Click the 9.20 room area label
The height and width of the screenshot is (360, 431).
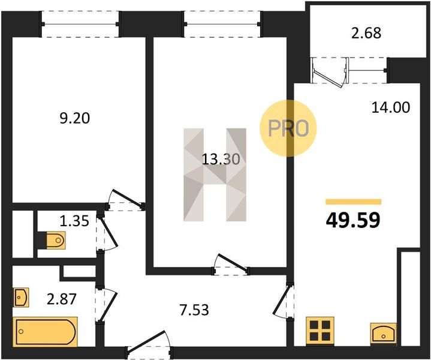tap(75, 118)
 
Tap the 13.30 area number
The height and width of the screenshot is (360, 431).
tap(221, 159)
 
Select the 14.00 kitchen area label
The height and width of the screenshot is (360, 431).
tap(391, 107)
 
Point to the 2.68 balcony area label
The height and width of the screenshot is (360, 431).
tap(366, 33)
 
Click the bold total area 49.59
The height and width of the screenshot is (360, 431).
tap(353, 220)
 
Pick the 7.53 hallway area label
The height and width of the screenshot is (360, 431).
tap(194, 310)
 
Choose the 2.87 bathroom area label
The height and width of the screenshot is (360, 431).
tap(61, 299)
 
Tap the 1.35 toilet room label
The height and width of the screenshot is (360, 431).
tap(74, 221)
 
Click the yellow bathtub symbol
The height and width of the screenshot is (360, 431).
tap(46, 332)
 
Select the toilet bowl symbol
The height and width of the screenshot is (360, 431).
tap(56, 240)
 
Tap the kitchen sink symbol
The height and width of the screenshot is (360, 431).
tap(384, 333)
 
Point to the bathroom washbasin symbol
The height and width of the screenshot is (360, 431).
tap(21, 297)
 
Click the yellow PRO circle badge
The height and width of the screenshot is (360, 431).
tap(288, 128)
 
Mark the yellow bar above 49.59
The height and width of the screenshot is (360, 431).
tap(354, 202)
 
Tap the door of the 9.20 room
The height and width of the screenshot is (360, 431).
tap(126, 199)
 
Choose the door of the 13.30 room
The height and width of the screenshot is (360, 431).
tap(231, 263)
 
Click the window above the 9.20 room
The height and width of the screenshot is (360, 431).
tap(80, 24)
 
